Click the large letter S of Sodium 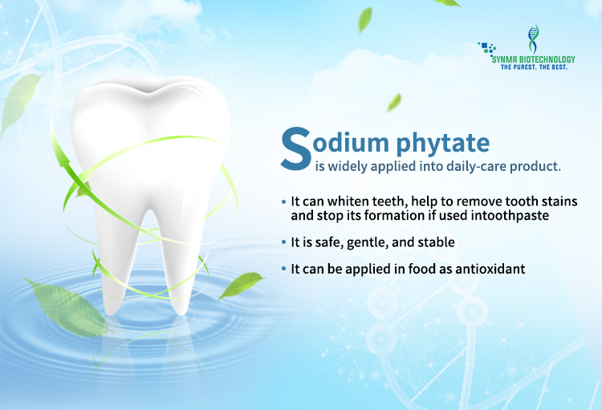click(296, 149)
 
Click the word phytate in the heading click(442, 143)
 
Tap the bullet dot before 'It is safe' click(283, 242)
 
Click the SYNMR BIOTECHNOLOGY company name click(534, 59)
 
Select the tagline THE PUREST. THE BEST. click(534, 67)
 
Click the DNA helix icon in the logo click(533, 39)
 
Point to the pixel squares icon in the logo click(487, 49)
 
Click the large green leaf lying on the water click(67, 307)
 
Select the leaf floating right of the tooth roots click(241, 285)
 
